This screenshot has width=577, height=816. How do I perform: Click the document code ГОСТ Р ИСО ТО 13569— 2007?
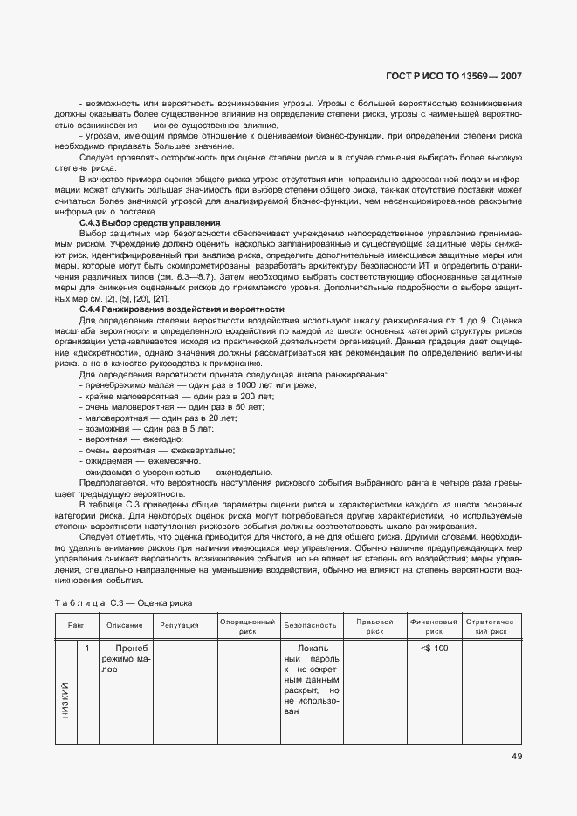(454, 76)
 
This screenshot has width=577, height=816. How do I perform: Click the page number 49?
(516, 756)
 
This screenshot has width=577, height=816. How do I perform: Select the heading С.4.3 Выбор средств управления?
(149, 223)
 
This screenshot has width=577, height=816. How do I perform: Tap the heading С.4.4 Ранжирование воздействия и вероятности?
(182, 309)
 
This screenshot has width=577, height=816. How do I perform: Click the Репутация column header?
(180, 625)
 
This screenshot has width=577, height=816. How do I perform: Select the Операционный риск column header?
(247, 625)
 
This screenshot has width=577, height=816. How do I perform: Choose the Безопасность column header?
(310, 625)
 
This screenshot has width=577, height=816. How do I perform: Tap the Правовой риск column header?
(375, 625)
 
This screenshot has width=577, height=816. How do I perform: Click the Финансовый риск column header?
(434, 625)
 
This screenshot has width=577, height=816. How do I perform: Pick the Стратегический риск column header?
(491, 625)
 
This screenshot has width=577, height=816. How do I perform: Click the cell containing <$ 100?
(434, 649)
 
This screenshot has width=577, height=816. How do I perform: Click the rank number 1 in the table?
(87, 649)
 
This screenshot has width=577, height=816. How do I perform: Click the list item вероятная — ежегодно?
(127, 439)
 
